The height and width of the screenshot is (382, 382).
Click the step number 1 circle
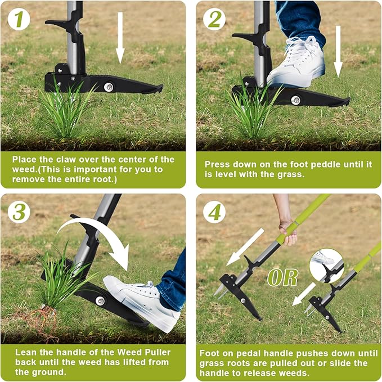click(19, 19)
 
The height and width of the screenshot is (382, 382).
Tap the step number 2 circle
click(214, 19)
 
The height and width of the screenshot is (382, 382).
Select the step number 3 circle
click(19, 212)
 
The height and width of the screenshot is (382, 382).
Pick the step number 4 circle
click(214, 212)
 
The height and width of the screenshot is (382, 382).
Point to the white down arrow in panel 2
click(338, 51)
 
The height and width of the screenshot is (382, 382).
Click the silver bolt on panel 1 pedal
click(109, 87)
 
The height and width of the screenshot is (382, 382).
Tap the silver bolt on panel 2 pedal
click(295, 100)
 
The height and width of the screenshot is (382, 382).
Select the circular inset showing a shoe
click(326, 265)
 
